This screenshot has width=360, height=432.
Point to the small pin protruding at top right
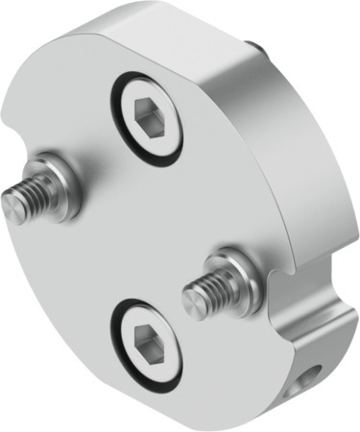[x=252, y=45]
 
